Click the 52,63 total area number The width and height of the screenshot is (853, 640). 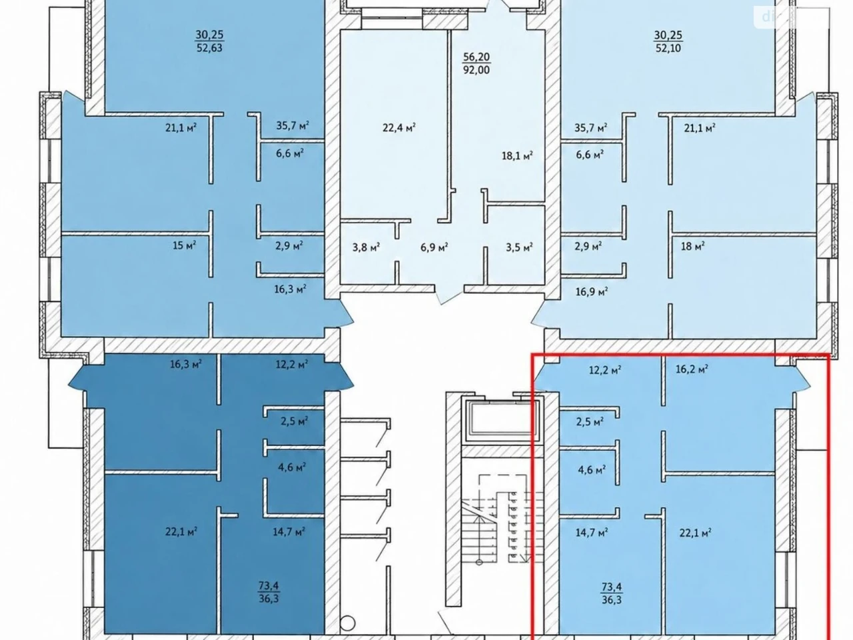[209, 48]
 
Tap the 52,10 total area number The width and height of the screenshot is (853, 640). [668, 48]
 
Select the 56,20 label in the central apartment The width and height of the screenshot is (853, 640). [476, 57]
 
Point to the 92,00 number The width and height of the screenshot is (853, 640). [476, 70]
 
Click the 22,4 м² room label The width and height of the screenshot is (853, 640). [399, 127]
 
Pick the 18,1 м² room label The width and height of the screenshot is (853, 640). [517, 156]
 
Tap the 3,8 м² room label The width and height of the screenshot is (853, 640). [366, 247]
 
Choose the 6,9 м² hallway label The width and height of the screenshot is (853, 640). [434, 247]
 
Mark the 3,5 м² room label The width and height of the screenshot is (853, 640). [519, 247]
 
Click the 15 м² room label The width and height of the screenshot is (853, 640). [184, 245]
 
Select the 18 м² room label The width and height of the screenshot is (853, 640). [692, 246]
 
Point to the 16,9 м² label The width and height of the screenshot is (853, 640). [592, 291]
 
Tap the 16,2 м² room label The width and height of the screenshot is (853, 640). [691, 369]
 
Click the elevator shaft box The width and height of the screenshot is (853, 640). [504, 420]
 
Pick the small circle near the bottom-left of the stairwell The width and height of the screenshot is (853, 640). [347, 623]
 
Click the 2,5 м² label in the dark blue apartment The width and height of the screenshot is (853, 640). [294, 421]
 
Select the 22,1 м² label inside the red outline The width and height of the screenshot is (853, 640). [695, 533]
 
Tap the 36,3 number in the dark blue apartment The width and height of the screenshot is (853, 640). [269, 598]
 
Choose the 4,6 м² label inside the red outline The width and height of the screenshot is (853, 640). [592, 470]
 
